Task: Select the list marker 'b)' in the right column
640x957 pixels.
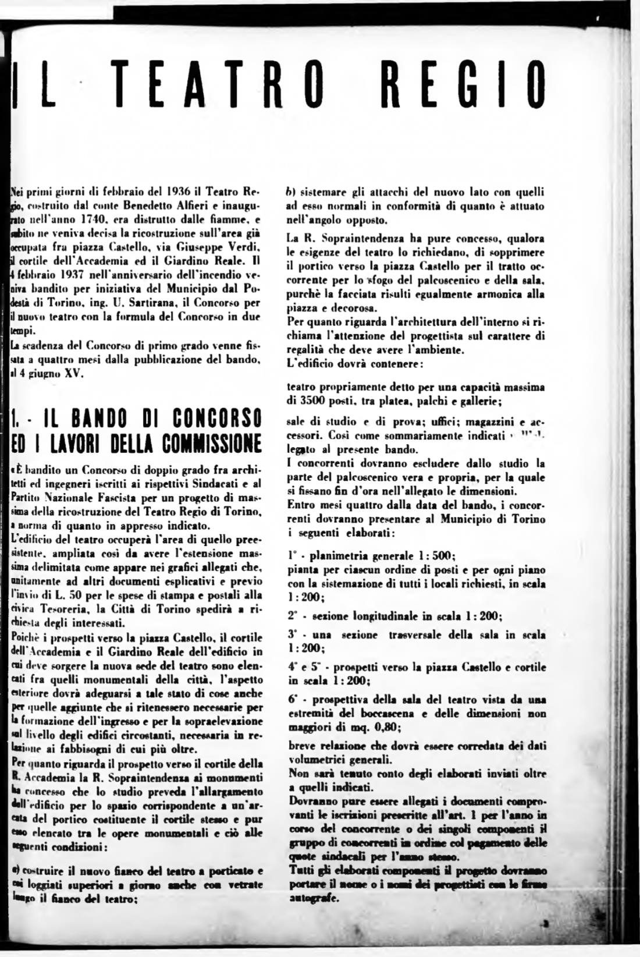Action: click(292, 191)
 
